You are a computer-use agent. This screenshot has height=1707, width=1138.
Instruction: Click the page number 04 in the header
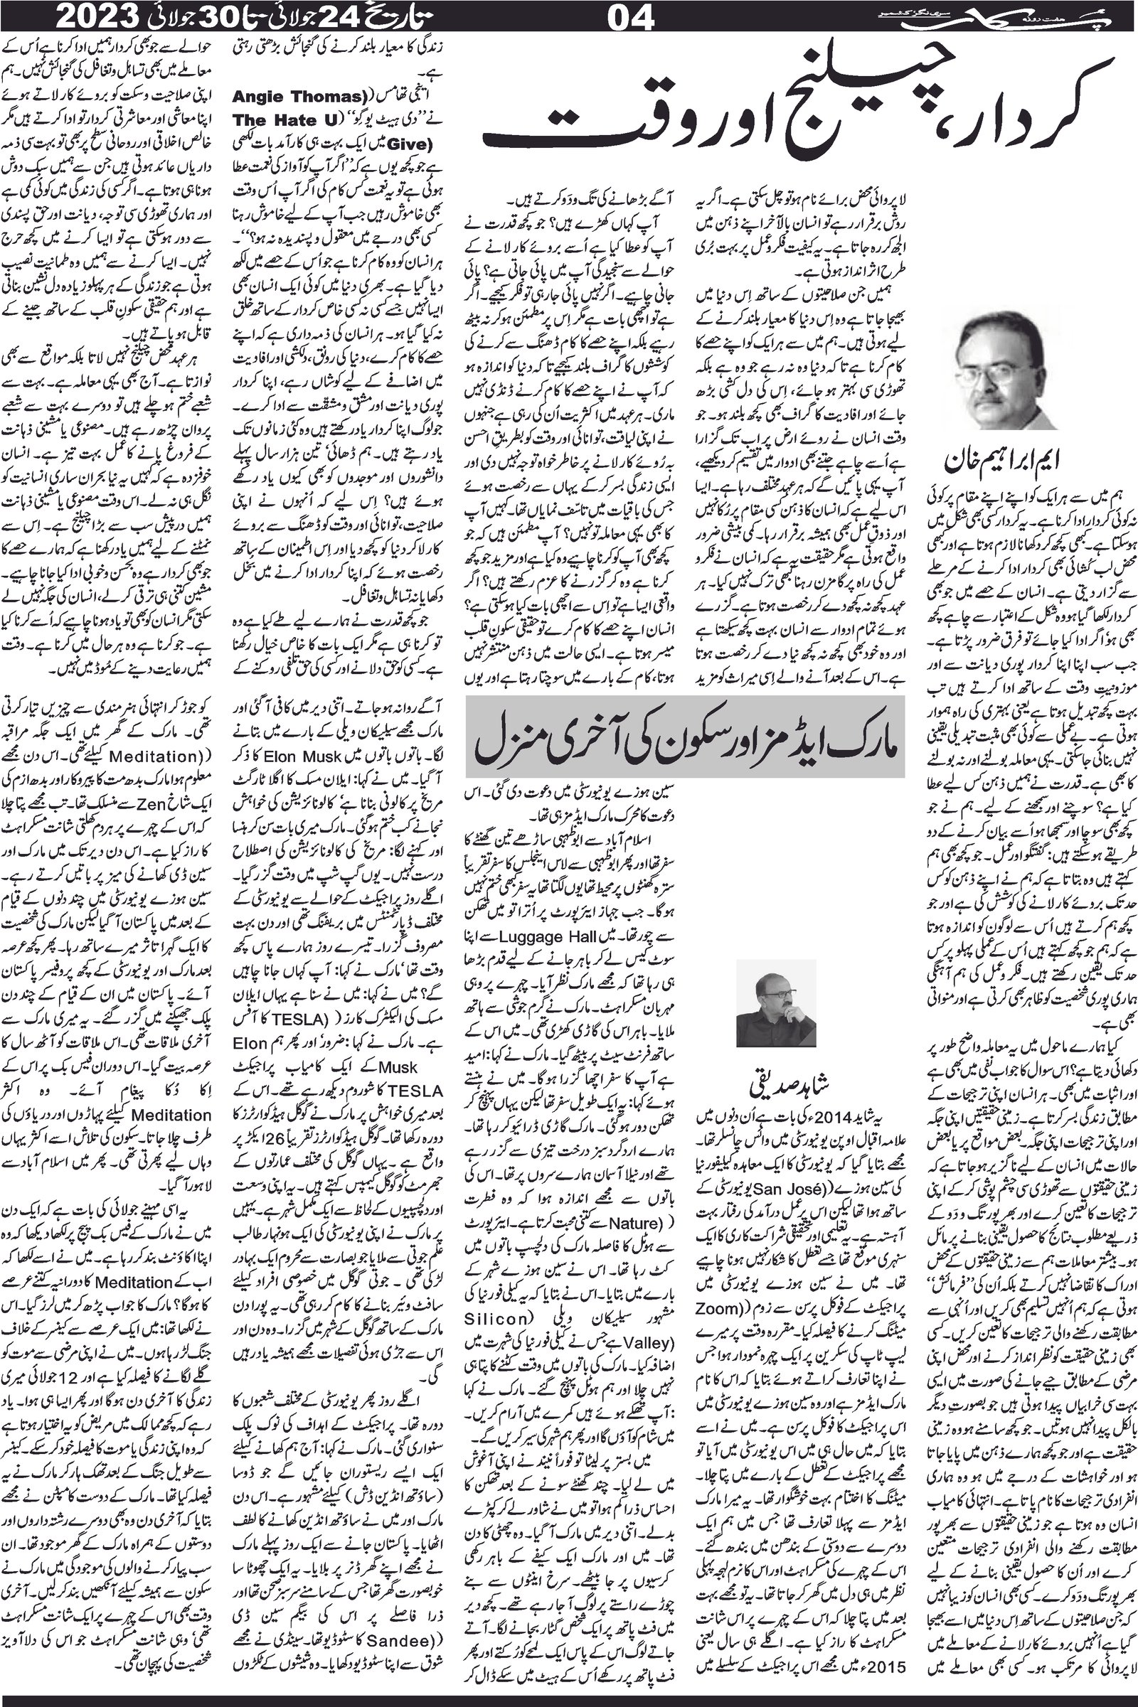[632, 16]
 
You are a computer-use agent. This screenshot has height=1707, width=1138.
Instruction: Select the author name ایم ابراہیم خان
[1000, 461]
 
